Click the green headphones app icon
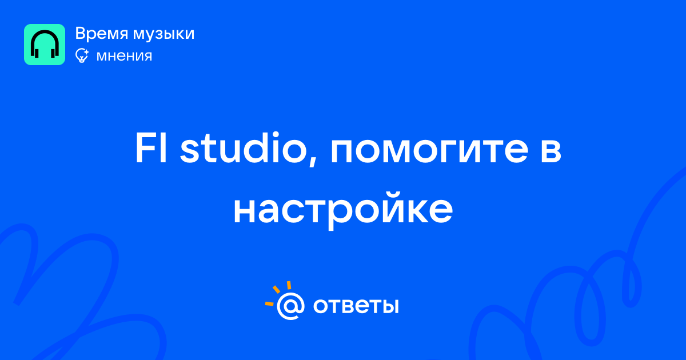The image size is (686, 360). point(45,45)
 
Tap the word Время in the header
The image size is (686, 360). point(101,33)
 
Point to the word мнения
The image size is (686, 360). point(124,56)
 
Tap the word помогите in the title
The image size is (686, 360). point(430,151)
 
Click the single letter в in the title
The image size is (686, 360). point(551,151)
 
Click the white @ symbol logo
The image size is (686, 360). point(290,306)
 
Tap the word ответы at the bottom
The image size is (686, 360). point(356,306)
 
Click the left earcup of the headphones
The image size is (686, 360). point(36,53)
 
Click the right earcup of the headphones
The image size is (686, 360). point(53,53)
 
